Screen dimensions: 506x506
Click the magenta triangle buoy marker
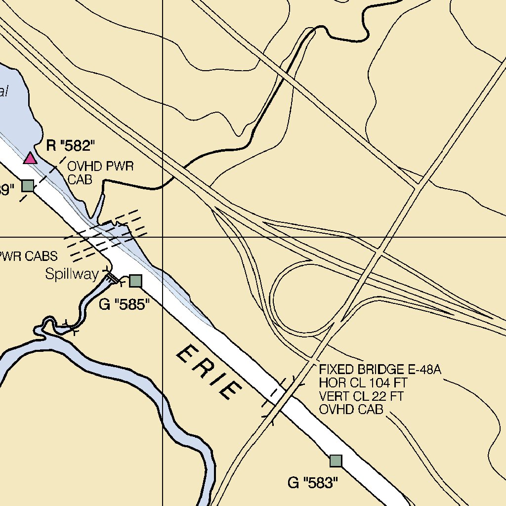[x=31, y=158]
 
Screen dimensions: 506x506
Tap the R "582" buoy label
[x=70, y=146]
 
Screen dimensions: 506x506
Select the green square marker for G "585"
[x=135, y=281]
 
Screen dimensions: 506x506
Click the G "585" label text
[x=124, y=304]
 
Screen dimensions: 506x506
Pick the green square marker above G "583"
[x=336, y=461]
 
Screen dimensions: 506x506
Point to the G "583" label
[x=313, y=483]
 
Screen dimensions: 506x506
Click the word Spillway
[x=72, y=274]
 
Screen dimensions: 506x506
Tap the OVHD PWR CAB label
[x=100, y=172]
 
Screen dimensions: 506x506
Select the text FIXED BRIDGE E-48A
[x=379, y=370]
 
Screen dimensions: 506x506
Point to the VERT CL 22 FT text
[x=361, y=396]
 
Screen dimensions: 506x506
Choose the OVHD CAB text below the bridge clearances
[x=351, y=410]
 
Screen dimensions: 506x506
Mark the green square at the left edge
[x=28, y=185]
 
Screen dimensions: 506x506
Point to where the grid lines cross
[x=163, y=237]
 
